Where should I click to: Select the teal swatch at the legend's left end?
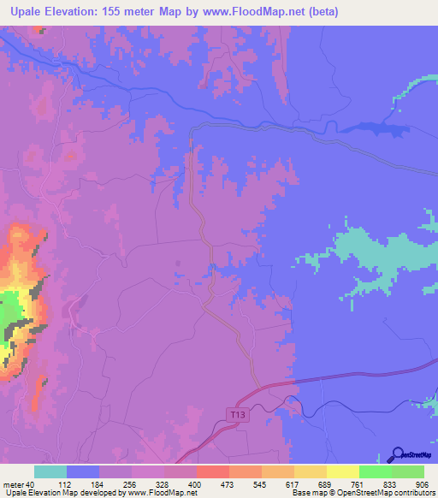pos(50,471)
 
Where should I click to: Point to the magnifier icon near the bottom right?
pos(397,454)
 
